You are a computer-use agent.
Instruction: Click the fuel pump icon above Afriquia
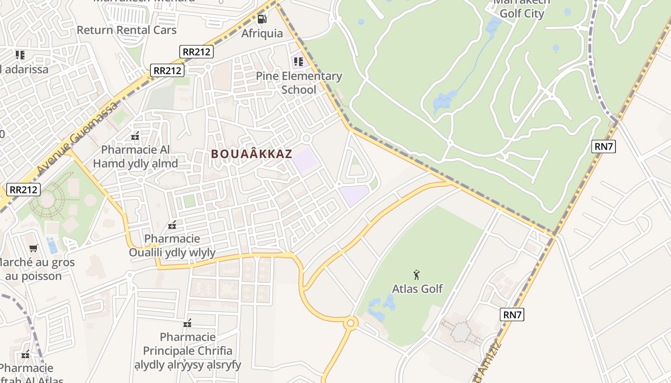262,19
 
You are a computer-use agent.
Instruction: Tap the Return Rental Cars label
127,30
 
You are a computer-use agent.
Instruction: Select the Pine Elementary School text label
299,83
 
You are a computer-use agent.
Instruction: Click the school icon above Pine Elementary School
298,61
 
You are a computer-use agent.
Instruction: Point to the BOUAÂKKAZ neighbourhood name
252,154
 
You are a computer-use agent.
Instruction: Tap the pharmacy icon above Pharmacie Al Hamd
135,136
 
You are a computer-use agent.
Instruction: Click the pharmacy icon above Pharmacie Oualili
172,225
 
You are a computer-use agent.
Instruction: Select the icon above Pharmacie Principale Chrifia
187,324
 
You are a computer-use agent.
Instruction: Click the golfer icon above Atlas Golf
417,275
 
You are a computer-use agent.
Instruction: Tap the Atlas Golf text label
417,289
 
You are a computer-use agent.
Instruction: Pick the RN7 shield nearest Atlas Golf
512,315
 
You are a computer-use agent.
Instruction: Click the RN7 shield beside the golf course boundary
603,146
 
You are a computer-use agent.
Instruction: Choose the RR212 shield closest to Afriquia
197,51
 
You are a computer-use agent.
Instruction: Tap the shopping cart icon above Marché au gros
33,248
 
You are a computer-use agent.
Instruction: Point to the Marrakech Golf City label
521,9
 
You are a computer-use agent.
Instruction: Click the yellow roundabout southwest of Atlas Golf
351,323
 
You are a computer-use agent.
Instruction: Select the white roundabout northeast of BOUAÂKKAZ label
307,138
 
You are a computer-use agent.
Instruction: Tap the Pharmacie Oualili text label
172,245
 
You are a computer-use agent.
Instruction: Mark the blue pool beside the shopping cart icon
52,246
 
